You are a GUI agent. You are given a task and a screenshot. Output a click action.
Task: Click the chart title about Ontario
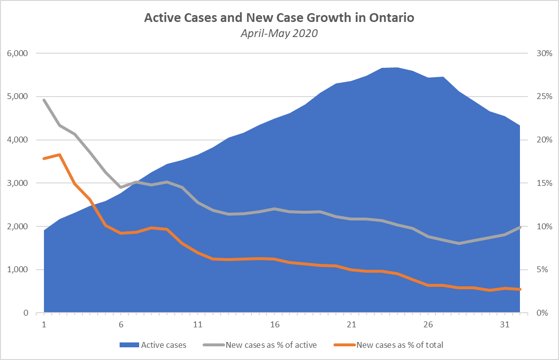(x=279, y=18)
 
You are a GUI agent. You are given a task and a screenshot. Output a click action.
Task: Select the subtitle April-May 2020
(x=279, y=34)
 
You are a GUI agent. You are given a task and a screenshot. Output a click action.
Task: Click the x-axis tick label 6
(x=121, y=325)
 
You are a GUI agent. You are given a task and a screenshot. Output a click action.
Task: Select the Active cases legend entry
(x=153, y=345)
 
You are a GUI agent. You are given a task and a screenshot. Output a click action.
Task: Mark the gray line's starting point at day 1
(x=44, y=100)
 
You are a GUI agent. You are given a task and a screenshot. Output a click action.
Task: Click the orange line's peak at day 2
(x=60, y=155)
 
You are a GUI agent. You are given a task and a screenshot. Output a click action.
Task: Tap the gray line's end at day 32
(x=520, y=227)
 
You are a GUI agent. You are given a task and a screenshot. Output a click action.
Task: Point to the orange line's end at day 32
(x=520, y=289)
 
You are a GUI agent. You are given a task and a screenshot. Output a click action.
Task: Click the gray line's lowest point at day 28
(x=459, y=243)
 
